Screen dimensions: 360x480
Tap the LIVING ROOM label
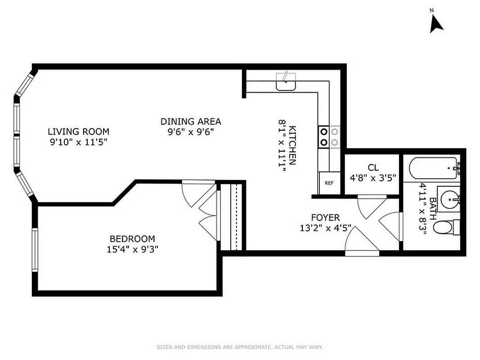79,132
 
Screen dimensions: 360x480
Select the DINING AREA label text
191,121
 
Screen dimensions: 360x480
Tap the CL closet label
372,167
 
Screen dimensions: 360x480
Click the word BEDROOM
132,239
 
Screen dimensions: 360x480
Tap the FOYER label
326,218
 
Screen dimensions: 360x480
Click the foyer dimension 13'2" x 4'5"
326,228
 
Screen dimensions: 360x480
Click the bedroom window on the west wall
34,250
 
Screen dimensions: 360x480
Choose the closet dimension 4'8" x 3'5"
372,178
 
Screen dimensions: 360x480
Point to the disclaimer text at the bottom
240,347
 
